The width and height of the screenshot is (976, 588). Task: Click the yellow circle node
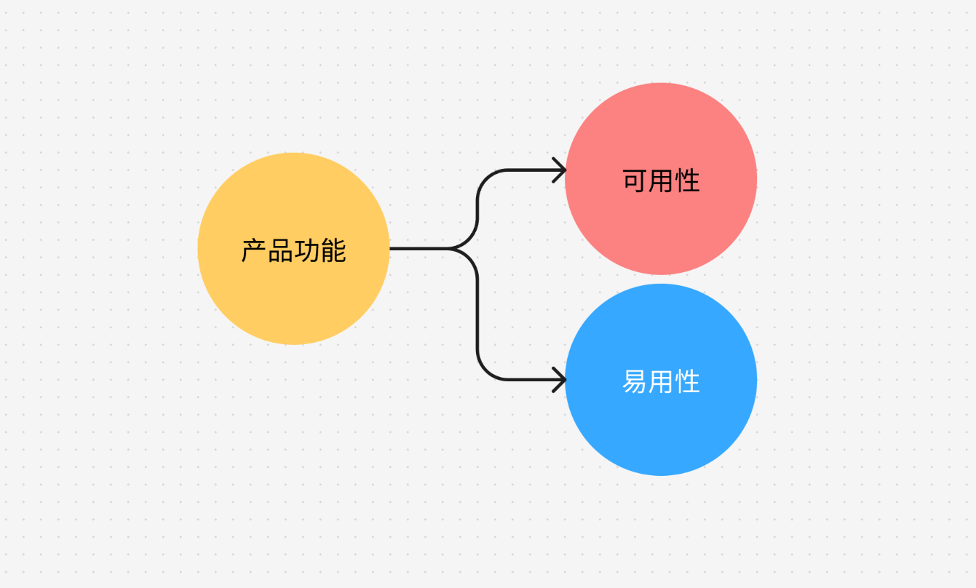(293, 249)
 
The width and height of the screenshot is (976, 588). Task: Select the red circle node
(661, 178)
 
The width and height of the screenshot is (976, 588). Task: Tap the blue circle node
(661, 380)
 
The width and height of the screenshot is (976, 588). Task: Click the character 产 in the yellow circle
(254, 250)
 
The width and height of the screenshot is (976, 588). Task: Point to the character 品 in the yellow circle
(280, 250)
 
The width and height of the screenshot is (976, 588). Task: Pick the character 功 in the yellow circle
(306, 250)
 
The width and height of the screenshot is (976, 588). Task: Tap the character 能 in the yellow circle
(333, 250)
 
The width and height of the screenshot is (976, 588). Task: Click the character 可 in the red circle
(635, 180)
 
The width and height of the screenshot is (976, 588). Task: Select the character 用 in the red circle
(661, 180)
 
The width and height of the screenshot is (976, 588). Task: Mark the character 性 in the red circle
(687, 180)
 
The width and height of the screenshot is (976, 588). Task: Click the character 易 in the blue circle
(635, 381)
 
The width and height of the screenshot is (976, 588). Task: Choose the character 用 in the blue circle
(661, 381)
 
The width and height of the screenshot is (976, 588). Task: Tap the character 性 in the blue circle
(687, 381)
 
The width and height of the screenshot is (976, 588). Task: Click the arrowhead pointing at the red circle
(560, 170)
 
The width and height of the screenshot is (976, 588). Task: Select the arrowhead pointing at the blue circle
(560, 380)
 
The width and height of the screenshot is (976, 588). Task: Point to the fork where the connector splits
(449, 249)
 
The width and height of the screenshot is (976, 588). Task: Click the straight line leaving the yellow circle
(419, 249)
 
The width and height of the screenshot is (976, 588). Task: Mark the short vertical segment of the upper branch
(477, 210)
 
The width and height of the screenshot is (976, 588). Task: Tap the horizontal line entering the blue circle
(536, 380)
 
